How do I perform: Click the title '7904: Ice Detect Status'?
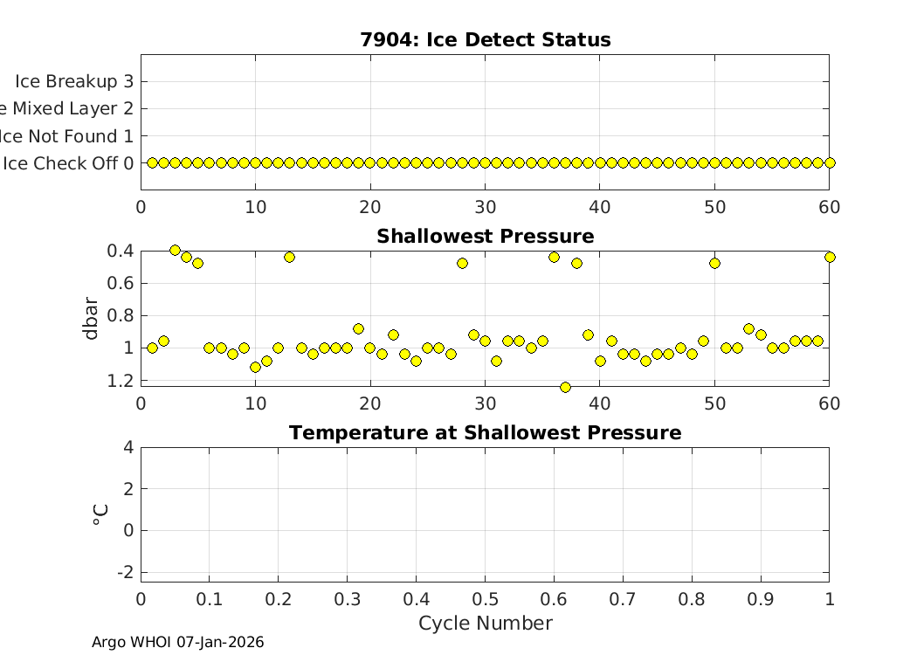[x=485, y=40]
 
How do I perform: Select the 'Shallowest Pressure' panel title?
[x=485, y=237]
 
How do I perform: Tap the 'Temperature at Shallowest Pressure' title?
[x=485, y=433]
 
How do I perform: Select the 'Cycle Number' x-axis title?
[x=485, y=624]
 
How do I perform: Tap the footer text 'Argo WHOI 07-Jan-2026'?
[x=178, y=643]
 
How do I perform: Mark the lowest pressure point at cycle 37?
[x=565, y=387]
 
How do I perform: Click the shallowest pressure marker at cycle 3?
[x=175, y=251]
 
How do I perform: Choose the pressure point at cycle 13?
[x=289, y=257]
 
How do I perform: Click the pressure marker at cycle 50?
[x=714, y=263]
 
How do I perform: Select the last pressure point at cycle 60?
[x=830, y=257]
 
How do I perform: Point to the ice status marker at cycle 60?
[x=830, y=162]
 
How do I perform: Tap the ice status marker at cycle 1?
[x=152, y=162]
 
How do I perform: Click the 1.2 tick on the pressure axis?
[x=122, y=381]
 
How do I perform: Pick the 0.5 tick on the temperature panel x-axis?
[x=485, y=598]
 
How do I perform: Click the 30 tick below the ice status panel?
[x=485, y=207]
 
